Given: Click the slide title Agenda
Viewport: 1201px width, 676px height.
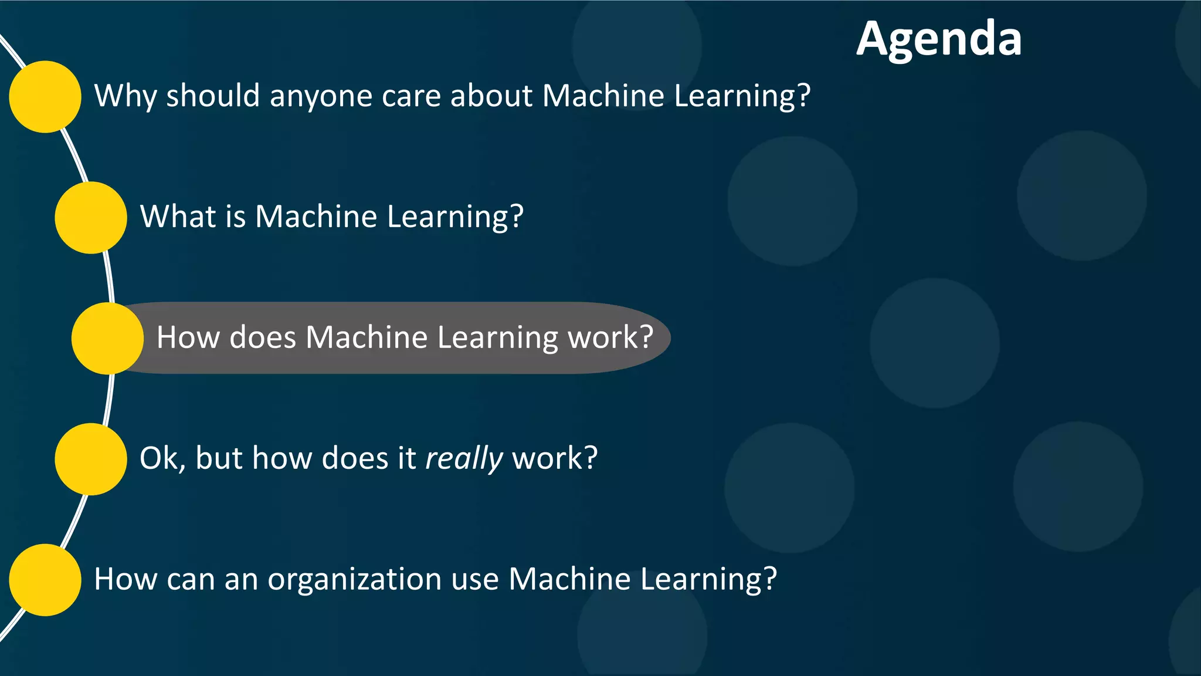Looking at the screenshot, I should (x=939, y=39).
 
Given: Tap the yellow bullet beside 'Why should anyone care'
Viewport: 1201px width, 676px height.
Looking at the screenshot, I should (x=45, y=97).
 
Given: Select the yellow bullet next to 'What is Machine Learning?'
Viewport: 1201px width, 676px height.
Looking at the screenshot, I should (x=91, y=218).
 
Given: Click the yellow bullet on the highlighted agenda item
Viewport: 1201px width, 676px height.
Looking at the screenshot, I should (x=107, y=339).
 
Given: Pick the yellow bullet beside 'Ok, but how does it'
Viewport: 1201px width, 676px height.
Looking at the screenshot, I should (x=91, y=459).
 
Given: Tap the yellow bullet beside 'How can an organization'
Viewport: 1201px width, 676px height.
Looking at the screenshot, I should (x=45, y=580).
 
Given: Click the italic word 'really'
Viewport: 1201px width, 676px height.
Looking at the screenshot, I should (x=464, y=458).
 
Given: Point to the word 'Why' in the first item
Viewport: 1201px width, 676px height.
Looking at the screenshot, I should (x=125, y=96).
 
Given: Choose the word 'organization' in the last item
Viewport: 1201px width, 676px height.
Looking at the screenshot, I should (x=354, y=579).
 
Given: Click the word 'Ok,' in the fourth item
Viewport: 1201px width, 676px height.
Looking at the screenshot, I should (x=162, y=458).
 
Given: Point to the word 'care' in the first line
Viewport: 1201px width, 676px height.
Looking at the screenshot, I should (x=411, y=96).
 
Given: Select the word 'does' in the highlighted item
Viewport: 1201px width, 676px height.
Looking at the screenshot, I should (x=263, y=337).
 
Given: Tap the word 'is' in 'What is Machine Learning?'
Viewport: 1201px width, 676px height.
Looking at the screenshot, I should (x=235, y=217).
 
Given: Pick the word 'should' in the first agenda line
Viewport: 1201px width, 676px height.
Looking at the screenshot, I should (x=213, y=96).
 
